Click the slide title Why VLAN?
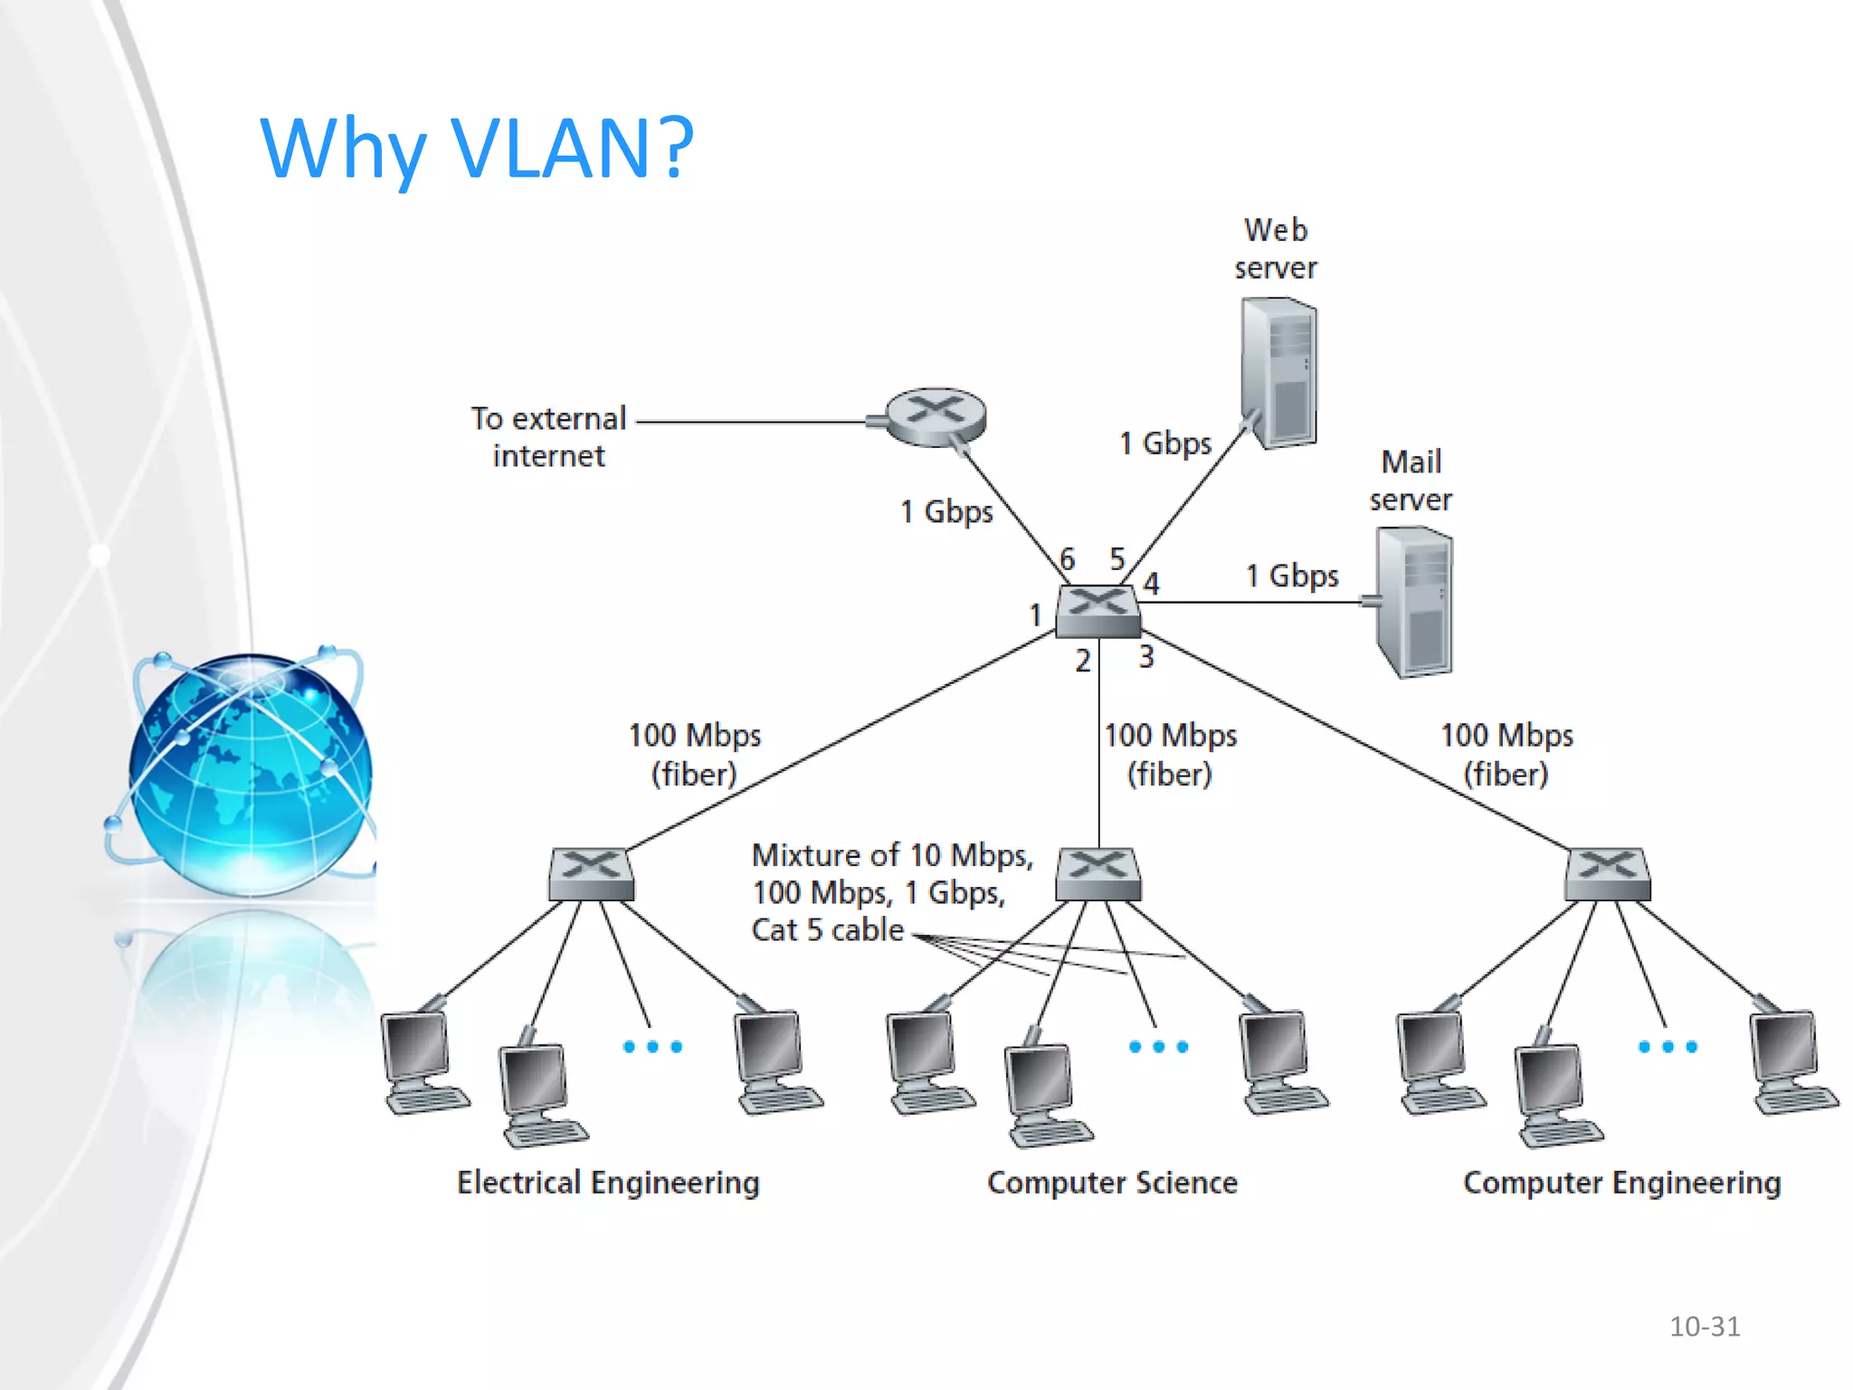[x=477, y=148]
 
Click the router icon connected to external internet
[x=935, y=417]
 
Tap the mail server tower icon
[x=1413, y=602]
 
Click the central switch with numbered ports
[x=1098, y=611]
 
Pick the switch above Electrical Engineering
[x=591, y=873]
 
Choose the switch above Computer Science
[x=1098, y=873]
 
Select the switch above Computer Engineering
[x=1608, y=873]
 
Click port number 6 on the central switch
[x=1068, y=559]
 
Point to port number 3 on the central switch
[x=1146, y=656]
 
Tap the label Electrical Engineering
[x=608, y=1183]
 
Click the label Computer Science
[x=1112, y=1183]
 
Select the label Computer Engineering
[x=1621, y=1183]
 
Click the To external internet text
[x=548, y=436]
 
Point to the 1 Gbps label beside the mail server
[x=1291, y=576]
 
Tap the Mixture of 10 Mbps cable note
[x=891, y=892]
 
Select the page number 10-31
[x=1705, y=1327]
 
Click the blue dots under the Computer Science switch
[x=1158, y=1047]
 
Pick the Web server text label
[x=1275, y=249]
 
